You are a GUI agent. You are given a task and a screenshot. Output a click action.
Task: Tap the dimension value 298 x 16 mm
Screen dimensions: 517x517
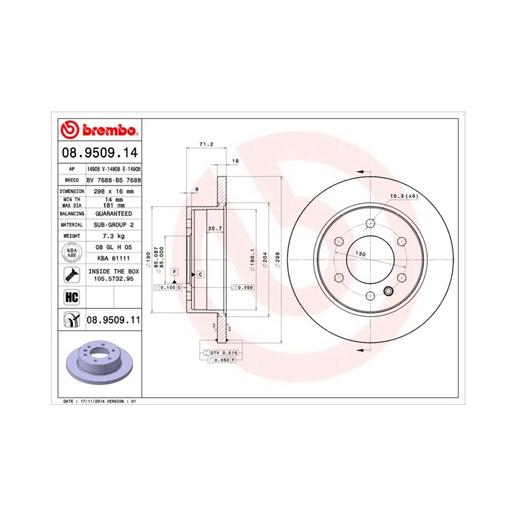(x=109, y=191)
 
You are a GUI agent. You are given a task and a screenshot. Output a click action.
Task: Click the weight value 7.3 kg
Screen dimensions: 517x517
(x=109, y=235)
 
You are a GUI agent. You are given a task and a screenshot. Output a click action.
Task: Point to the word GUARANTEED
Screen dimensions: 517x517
(x=109, y=213)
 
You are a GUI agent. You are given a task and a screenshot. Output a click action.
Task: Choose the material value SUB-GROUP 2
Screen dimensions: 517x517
(x=109, y=224)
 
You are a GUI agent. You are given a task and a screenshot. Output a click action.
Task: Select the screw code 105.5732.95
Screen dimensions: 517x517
(x=110, y=280)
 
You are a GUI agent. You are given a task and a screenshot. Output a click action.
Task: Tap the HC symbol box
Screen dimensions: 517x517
(x=72, y=298)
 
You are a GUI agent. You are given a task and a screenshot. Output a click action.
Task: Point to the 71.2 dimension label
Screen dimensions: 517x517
(x=206, y=145)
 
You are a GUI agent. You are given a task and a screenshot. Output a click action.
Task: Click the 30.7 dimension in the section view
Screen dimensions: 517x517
(x=215, y=228)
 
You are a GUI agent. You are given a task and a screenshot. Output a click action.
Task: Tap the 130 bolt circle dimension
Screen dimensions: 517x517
(x=360, y=254)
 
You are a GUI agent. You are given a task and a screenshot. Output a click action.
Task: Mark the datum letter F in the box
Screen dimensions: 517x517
(x=174, y=273)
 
